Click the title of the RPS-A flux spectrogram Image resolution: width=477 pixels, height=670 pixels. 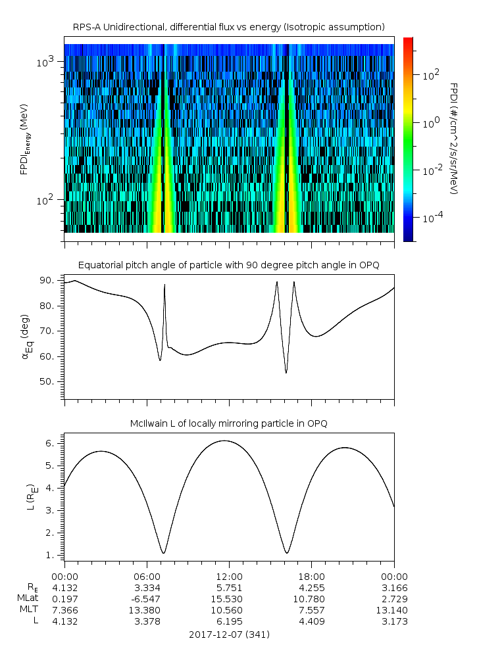point(228,27)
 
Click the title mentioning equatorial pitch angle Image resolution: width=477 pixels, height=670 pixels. point(228,265)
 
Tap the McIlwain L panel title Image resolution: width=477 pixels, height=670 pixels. point(228,424)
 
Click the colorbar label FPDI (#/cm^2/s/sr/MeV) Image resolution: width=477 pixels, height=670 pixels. point(453,139)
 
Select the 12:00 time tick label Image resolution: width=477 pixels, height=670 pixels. point(229,576)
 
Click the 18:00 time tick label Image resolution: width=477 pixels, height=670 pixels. point(311,576)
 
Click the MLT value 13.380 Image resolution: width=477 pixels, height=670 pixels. point(147,610)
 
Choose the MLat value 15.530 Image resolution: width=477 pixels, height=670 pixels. point(229,599)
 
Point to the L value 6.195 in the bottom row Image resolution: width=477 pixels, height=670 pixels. point(229,621)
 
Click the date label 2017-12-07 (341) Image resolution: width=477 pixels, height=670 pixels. point(229,634)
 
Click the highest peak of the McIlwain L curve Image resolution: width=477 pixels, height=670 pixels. point(224,441)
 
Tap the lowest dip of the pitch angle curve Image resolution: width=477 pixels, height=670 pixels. point(286,373)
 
